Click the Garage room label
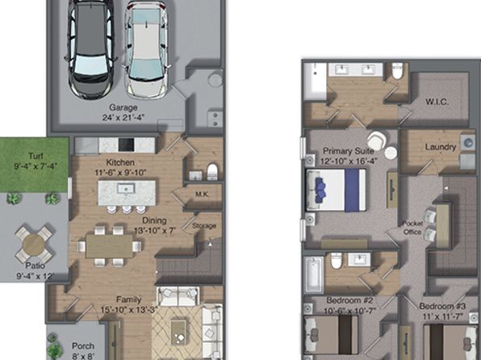pyautogui.click(x=123, y=107)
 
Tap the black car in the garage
pyautogui.click(x=90, y=48)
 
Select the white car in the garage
pyautogui.click(x=147, y=48)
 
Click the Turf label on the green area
pyautogui.click(x=36, y=156)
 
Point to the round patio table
pyautogui.click(x=35, y=245)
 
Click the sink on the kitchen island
pyautogui.click(x=126, y=189)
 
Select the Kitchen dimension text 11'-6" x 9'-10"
pyautogui.click(x=120, y=173)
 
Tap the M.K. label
pyautogui.click(x=202, y=195)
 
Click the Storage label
pyautogui.click(x=204, y=226)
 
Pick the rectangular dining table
pyautogui.click(x=109, y=246)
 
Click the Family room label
pyautogui.click(x=129, y=299)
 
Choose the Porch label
pyautogui.click(x=83, y=346)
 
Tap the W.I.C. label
pyautogui.click(x=437, y=102)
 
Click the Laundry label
pyautogui.click(x=441, y=147)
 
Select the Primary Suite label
pyautogui.click(x=349, y=151)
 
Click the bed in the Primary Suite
pyautogui.click(x=337, y=190)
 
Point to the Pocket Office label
pyautogui.click(x=412, y=228)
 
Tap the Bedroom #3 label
pyautogui.click(x=442, y=306)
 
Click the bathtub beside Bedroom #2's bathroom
pyautogui.click(x=313, y=275)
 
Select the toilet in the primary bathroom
pyautogui.click(x=397, y=71)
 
